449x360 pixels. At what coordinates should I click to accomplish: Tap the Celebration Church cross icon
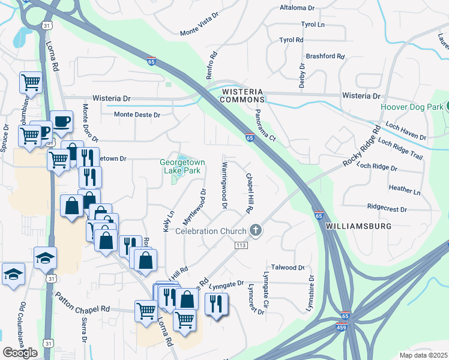click(x=256, y=230)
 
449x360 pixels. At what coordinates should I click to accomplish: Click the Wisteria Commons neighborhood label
click(x=243, y=95)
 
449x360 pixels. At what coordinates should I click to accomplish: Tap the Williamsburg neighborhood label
click(x=358, y=226)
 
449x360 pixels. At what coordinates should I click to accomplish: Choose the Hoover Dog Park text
click(x=411, y=107)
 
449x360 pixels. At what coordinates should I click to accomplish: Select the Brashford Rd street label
click(x=325, y=56)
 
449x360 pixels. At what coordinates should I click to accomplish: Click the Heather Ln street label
click(x=405, y=190)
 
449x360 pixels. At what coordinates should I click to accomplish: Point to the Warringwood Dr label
click(x=224, y=185)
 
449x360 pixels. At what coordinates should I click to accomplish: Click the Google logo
click(x=20, y=352)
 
